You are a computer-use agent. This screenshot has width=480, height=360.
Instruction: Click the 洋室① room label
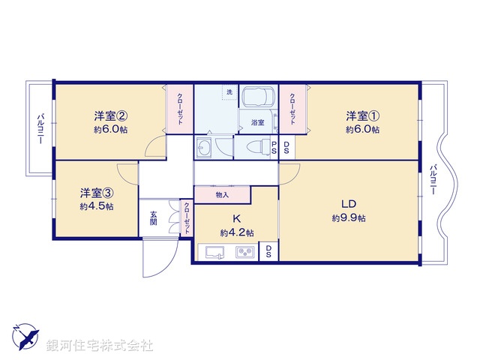(363, 115)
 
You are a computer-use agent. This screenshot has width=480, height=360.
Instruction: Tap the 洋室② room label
(109, 115)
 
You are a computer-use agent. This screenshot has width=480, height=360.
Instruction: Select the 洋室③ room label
(97, 192)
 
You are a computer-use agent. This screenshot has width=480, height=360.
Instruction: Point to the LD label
(348, 205)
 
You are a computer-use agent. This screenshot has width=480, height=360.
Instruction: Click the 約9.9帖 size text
(349, 218)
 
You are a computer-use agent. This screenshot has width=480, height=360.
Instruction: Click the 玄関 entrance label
(153, 217)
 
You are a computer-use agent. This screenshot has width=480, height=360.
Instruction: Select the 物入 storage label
(222, 195)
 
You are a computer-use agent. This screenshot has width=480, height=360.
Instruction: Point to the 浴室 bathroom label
(257, 121)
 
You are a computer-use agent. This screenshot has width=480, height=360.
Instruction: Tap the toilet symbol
(253, 145)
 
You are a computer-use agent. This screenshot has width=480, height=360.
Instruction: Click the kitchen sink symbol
(215, 253)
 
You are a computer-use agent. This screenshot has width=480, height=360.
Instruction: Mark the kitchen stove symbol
(245, 253)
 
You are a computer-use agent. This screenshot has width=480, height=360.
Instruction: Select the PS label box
(274, 147)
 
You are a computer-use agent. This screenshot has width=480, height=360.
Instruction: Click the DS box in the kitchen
(268, 251)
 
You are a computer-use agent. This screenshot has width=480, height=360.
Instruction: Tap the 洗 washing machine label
(229, 91)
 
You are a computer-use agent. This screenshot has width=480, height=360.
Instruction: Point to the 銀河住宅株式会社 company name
(99, 346)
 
